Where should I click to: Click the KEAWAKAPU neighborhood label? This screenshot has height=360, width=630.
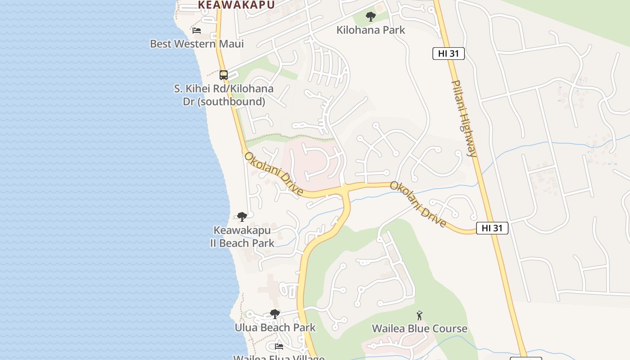pyautogui.click(x=236, y=5)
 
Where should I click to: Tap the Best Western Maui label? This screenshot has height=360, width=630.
pyautogui.click(x=197, y=44)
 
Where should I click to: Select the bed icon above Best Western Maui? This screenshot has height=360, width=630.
pyautogui.click(x=197, y=31)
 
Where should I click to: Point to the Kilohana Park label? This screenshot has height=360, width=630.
pyautogui.click(x=371, y=30)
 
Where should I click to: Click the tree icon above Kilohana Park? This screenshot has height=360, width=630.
pyautogui.click(x=371, y=17)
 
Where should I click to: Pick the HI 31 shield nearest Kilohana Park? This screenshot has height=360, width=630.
pyautogui.click(x=448, y=54)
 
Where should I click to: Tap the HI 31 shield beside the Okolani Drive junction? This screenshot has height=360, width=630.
pyautogui.click(x=492, y=228)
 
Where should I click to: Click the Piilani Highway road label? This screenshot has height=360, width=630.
pyautogui.click(x=464, y=118)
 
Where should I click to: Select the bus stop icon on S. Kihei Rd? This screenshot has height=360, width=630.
pyautogui.click(x=224, y=75)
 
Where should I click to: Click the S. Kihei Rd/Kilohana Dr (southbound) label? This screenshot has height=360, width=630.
pyautogui.click(x=224, y=95)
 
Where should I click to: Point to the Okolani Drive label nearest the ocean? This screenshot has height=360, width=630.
pyautogui.click(x=274, y=174)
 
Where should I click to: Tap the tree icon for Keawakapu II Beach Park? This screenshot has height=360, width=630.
pyautogui.click(x=242, y=217)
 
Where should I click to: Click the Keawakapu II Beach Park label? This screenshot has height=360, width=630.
pyautogui.click(x=242, y=237)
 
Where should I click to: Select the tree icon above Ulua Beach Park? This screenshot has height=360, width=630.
pyautogui.click(x=275, y=314)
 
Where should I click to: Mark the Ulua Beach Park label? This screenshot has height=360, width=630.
pyautogui.click(x=275, y=327)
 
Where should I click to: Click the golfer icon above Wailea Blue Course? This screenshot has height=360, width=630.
pyautogui.click(x=419, y=315)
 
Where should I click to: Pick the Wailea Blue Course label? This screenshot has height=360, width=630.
pyautogui.click(x=419, y=328)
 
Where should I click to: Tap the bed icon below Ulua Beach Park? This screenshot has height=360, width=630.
pyautogui.click(x=279, y=346)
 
